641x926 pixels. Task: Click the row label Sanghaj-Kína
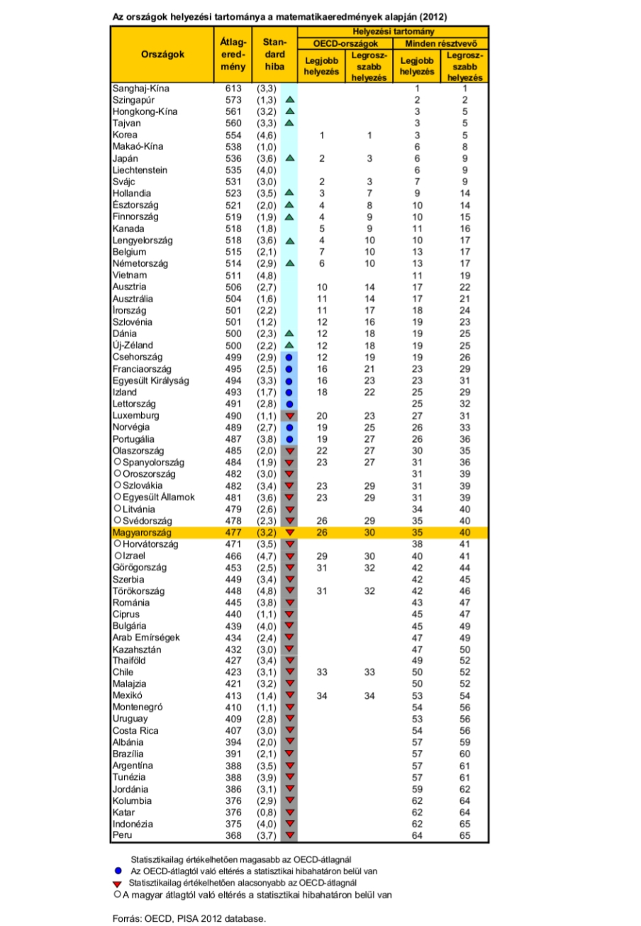point(141,89)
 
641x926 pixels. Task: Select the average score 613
point(235,89)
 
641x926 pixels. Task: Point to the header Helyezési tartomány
point(392,32)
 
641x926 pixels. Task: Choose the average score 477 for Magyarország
point(235,532)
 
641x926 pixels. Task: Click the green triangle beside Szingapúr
point(289,100)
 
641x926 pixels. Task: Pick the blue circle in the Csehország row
point(289,357)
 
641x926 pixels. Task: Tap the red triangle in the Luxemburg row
point(289,415)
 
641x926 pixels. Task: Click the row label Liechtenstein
point(140,170)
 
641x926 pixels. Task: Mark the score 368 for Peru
point(235,836)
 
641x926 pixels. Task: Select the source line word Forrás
point(128,918)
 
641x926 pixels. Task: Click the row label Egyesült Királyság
point(151,380)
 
